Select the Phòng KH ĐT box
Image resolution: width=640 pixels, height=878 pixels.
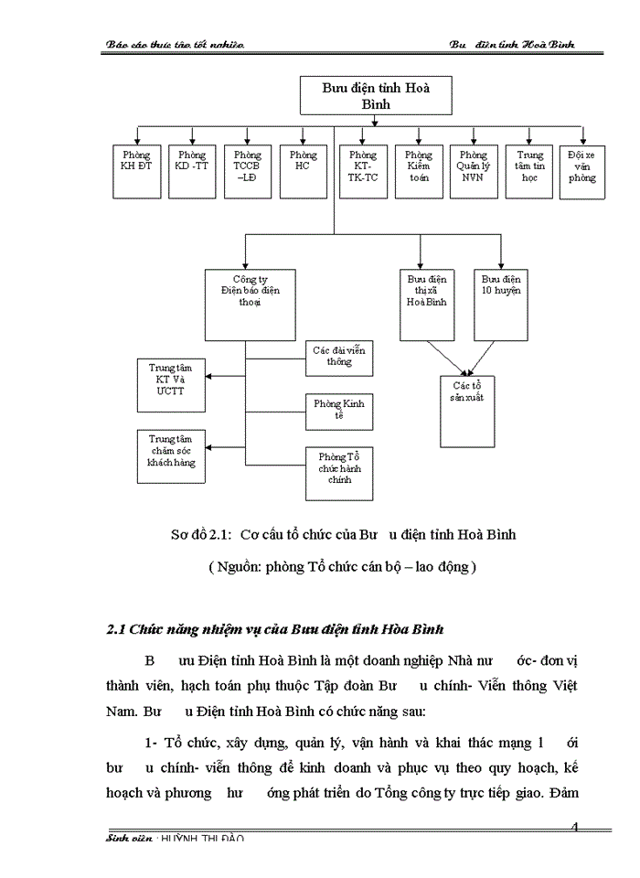(137, 171)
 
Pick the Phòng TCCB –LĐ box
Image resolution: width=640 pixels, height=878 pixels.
(248, 171)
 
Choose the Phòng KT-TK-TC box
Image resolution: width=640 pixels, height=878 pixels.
(363, 171)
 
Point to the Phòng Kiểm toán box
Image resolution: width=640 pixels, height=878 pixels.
(419, 171)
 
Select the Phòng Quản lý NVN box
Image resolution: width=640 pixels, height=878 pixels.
(474, 171)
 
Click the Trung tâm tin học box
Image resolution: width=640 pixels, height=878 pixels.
(529, 171)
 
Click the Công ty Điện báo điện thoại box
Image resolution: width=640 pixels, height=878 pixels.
(247, 303)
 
